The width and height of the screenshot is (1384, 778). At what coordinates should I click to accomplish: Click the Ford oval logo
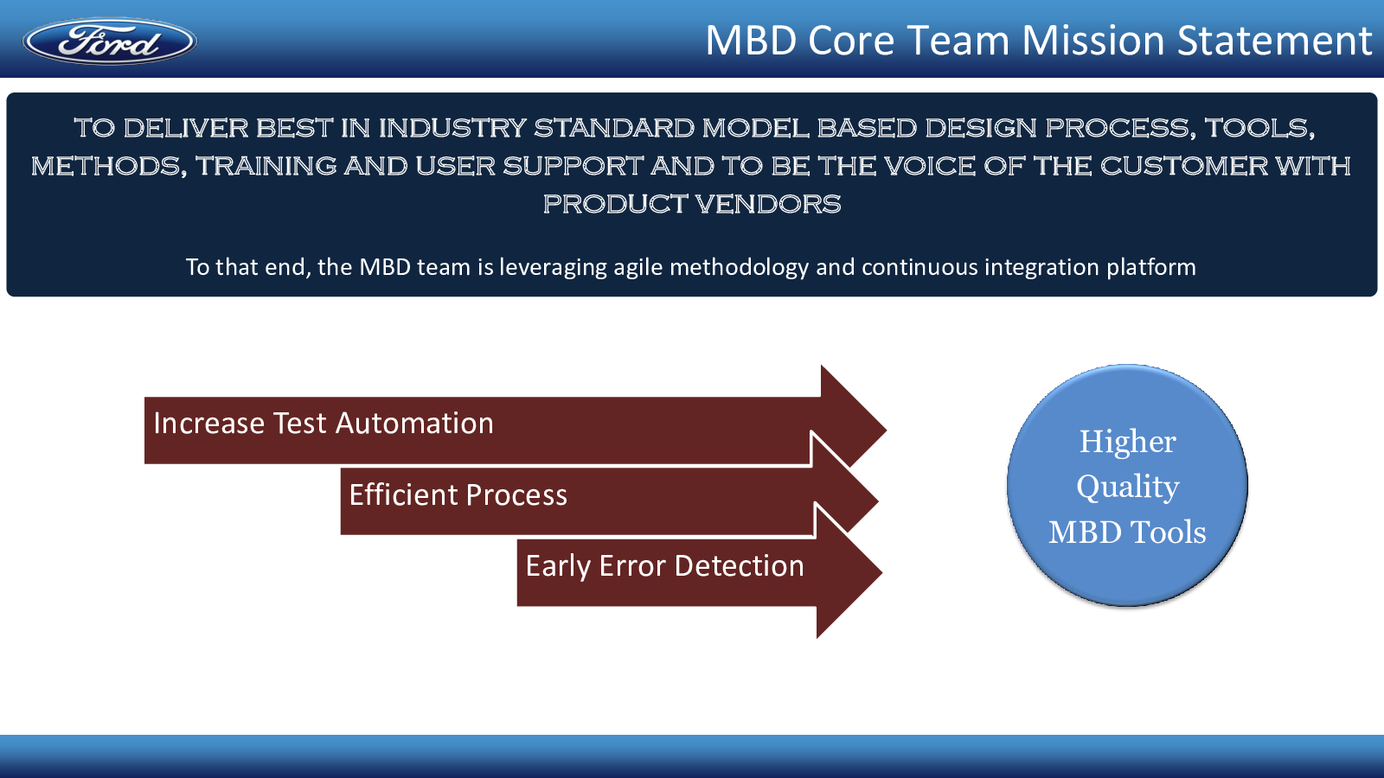(x=109, y=41)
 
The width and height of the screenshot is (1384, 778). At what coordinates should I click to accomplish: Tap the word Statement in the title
(x=1274, y=40)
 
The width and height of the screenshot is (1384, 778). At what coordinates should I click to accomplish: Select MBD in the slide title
(x=751, y=40)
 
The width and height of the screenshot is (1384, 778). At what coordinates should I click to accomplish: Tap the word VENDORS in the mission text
(x=768, y=204)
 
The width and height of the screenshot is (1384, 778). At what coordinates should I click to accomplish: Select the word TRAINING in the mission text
(x=266, y=165)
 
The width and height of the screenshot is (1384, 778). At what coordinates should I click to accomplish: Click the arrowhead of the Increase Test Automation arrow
(x=853, y=430)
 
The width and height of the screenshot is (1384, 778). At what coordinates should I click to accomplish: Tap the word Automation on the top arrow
(x=414, y=424)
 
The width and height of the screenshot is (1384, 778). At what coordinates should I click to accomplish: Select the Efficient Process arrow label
(x=458, y=495)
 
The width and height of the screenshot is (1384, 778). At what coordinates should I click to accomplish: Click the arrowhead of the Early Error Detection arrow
(x=849, y=571)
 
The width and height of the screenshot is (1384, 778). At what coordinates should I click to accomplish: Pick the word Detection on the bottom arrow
(x=739, y=566)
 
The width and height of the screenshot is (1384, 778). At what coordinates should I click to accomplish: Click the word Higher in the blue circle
(x=1128, y=442)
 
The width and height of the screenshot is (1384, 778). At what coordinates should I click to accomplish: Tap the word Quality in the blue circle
(x=1128, y=488)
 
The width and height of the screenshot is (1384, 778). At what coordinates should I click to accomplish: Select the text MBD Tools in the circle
(x=1128, y=532)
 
